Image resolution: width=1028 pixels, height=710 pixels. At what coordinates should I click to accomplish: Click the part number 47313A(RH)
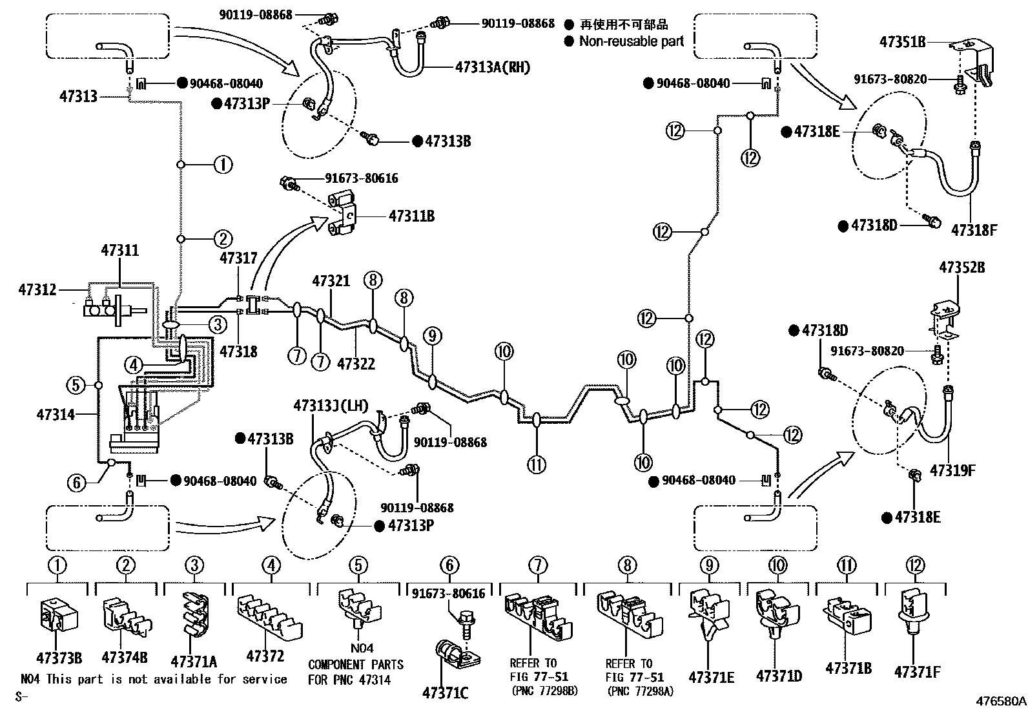tap(492, 67)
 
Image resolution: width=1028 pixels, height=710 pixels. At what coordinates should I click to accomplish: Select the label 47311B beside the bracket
tap(411, 216)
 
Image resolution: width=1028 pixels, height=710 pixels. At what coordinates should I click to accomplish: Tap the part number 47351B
tap(902, 42)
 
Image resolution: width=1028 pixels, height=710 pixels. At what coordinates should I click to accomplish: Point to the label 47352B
tap(961, 267)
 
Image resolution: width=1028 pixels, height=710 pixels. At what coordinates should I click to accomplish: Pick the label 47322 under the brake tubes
tap(356, 364)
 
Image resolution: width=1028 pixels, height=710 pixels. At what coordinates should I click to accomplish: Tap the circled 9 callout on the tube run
tap(433, 335)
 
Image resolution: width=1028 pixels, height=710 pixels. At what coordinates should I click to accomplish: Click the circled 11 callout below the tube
tap(537, 464)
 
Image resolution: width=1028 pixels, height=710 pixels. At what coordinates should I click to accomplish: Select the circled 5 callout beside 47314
tap(76, 386)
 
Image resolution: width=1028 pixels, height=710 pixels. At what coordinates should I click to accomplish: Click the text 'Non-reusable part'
tap(631, 41)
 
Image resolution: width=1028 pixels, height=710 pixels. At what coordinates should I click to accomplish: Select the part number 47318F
tap(974, 229)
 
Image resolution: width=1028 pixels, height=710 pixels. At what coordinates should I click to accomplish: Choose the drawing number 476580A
tap(1000, 700)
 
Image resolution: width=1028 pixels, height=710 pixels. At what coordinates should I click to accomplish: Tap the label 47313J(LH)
tap(331, 406)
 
